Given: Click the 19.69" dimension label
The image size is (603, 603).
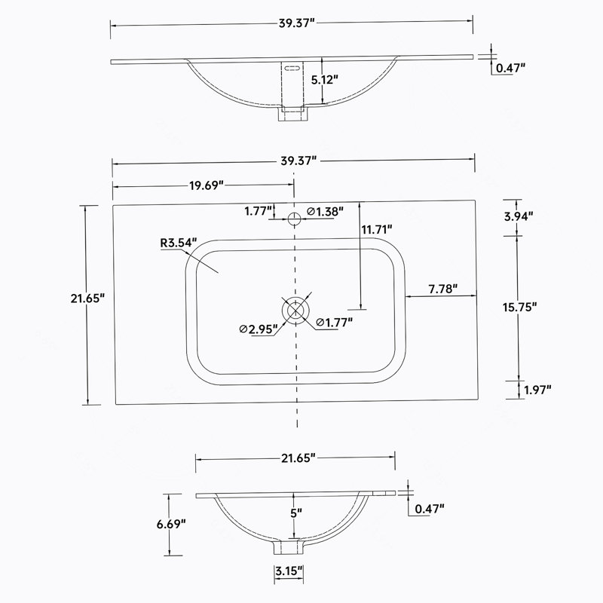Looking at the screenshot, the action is pos(206,185).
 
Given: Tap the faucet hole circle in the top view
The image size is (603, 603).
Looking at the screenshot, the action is pos(294,219).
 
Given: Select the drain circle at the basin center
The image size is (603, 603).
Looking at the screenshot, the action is pos(295,310).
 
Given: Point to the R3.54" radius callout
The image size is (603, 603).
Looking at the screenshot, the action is pos(179,243).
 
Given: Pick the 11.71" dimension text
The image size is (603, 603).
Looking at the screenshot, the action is pos(376,229).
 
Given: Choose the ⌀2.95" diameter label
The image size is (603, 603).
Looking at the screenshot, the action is pos(258,329).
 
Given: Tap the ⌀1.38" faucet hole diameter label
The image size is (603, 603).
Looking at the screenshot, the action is pos(325,211).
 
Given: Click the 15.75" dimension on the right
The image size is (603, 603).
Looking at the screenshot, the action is pos(519,307).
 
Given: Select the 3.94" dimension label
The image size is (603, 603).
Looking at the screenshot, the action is pos(519,216).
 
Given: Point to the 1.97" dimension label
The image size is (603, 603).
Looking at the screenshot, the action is pos(537,390).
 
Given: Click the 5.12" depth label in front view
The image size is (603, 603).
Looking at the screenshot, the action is pos(325,80).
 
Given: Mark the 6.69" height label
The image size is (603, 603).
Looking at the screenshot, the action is pos(171,523).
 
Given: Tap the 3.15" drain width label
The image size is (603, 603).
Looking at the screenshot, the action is pos(289,571).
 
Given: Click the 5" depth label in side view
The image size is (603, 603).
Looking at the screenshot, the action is pos(296,513).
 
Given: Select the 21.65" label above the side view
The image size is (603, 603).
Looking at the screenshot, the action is pos(298,458).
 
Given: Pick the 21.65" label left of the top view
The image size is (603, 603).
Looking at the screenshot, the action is pos(87,298).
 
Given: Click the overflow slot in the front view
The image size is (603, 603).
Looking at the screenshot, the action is pos(292,69).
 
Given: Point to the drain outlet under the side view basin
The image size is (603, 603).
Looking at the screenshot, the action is pos(289,547).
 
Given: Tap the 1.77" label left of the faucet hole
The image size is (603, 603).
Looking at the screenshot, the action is pos(259,211).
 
